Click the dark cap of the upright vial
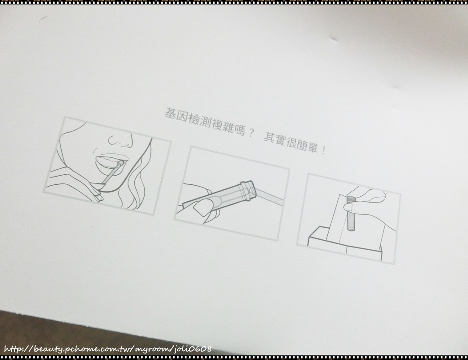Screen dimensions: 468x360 (x=350, y=198)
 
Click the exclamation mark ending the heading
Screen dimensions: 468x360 (x=324, y=150)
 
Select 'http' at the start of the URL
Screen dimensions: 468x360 (x=13, y=349)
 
